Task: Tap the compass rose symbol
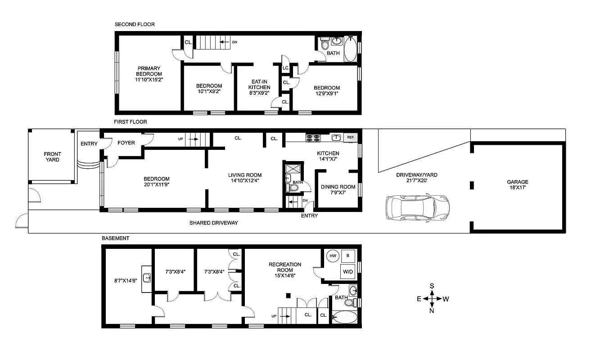pyautogui.click(x=432, y=298)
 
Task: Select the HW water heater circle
pyautogui.click(x=333, y=256)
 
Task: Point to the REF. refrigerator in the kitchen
pyautogui.click(x=350, y=138)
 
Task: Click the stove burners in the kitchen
pyautogui.click(x=313, y=138)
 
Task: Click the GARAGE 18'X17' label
pyautogui.click(x=518, y=185)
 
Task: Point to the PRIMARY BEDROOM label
pyautogui.click(x=149, y=74)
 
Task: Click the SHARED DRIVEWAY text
pyautogui.click(x=213, y=223)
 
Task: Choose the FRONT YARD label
pyautogui.click(x=52, y=157)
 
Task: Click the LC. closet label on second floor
pyautogui.click(x=286, y=68)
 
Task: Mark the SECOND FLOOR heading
pyautogui.click(x=135, y=24)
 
